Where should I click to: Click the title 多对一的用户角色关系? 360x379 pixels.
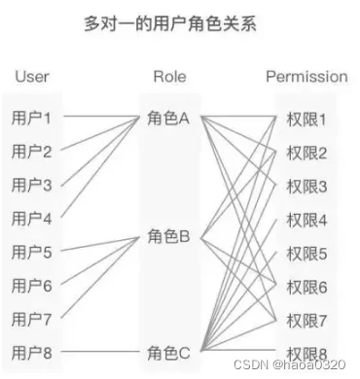click(170, 23)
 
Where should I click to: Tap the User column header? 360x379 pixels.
click(32, 77)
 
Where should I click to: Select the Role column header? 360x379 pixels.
click(169, 77)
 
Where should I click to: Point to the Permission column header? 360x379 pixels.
click(306, 77)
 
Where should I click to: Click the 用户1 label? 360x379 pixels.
click(31, 118)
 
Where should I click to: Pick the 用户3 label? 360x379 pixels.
click(31, 185)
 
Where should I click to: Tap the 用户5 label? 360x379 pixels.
click(31, 252)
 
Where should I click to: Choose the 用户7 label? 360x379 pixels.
click(31, 319)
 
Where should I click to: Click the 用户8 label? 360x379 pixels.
click(31, 353)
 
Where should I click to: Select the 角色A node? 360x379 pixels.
click(168, 118)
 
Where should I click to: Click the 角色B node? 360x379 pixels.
click(168, 236)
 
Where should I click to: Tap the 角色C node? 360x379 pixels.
click(168, 353)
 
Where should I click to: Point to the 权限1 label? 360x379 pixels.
click(306, 120)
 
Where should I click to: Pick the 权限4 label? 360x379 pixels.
click(306, 221)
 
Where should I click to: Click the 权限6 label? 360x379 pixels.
click(306, 288)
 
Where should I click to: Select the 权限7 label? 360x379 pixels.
click(306, 321)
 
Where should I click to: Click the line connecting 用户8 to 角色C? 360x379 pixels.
click(99, 352)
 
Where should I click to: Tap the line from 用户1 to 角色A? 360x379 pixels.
click(101, 116)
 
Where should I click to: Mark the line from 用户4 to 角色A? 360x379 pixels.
click(100, 166)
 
